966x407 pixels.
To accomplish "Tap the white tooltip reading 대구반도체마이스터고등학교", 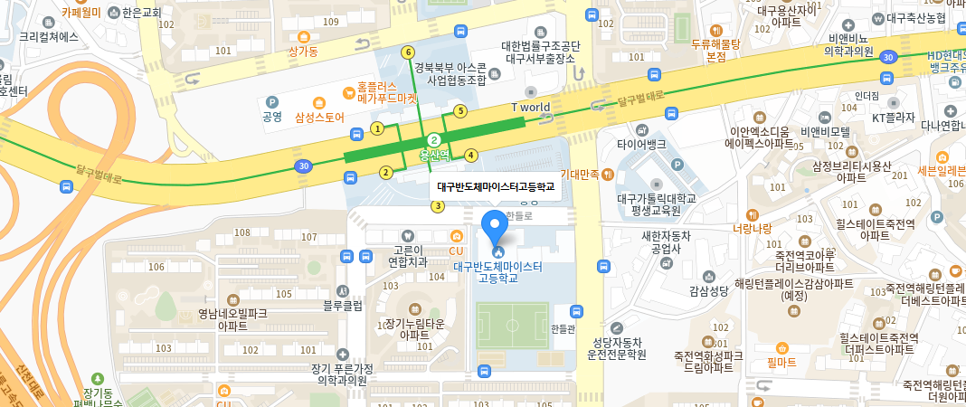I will tap(495, 188).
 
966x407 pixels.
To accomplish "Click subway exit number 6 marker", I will tap(408, 52).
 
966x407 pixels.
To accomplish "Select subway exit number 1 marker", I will tap(377, 128).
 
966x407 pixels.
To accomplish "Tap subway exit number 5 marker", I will tap(459, 111).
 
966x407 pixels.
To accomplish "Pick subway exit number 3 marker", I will tap(438, 206).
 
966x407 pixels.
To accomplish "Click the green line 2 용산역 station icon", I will tap(435, 139).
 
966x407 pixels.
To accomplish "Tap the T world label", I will tap(531, 107).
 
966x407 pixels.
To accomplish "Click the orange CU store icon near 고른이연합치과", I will tap(456, 237).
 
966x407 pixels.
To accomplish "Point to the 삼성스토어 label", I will tap(320, 117).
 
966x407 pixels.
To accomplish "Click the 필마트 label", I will tap(781, 362).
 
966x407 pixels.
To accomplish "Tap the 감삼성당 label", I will tap(708, 290).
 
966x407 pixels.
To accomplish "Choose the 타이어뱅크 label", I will tap(641, 144).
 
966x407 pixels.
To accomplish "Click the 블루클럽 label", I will tap(343, 306).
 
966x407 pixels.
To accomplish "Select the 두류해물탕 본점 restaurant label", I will tap(716, 50).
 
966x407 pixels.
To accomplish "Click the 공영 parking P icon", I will tap(272, 101).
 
